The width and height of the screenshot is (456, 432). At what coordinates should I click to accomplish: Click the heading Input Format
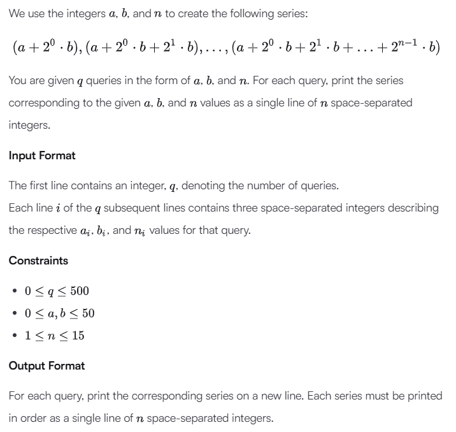coord(42,155)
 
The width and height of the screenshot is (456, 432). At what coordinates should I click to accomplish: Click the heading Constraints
coord(38,260)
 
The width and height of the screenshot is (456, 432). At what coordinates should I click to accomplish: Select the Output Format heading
coord(46,366)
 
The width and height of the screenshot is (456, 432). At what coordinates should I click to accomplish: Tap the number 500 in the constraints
coord(79,291)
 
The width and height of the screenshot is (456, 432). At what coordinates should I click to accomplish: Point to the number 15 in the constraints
coord(78,335)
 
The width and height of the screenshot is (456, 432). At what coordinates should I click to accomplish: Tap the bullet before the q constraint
coord(14,291)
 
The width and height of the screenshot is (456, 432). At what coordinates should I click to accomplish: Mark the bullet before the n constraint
coord(14,335)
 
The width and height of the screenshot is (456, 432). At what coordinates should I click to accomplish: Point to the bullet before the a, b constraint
coord(14,313)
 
